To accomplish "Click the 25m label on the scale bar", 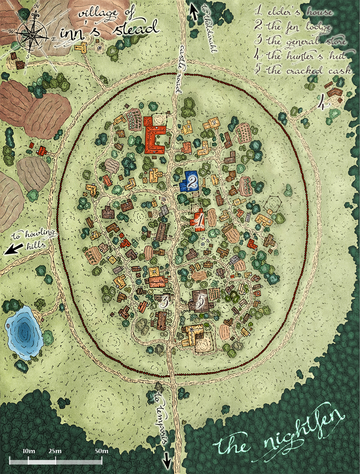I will (55, 451).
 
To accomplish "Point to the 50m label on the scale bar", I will (102, 451).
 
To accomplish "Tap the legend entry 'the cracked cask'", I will (302, 70).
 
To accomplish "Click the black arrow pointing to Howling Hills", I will (10, 249).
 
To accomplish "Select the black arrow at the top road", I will (194, 13).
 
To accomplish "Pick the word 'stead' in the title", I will (135, 29).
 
